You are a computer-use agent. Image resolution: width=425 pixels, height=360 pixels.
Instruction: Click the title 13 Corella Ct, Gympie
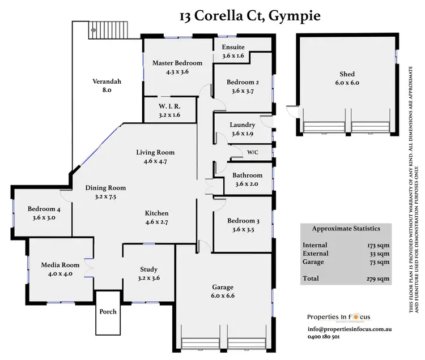(x=249, y=15)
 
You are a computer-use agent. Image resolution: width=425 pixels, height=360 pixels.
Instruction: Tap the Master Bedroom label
(x=177, y=63)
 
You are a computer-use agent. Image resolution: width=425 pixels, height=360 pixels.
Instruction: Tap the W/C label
(x=253, y=152)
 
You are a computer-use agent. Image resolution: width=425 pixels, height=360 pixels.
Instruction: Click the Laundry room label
(x=242, y=125)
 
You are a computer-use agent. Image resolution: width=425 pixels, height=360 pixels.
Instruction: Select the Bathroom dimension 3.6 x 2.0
(x=244, y=184)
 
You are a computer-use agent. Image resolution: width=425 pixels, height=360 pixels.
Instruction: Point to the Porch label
(x=108, y=311)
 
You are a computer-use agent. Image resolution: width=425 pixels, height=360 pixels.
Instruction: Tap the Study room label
(x=148, y=269)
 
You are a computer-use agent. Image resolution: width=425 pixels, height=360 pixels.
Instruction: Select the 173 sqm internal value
(x=378, y=245)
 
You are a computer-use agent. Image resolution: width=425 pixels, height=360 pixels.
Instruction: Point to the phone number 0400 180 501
(x=324, y=337)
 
